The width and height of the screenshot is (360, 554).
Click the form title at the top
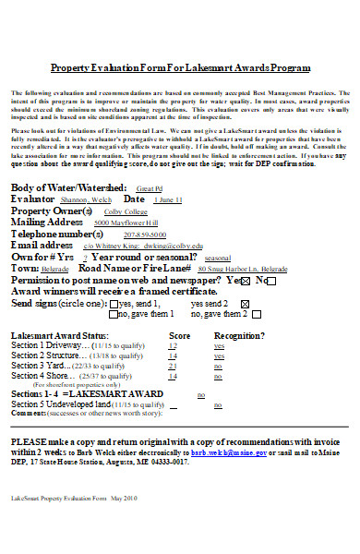pos(180,69)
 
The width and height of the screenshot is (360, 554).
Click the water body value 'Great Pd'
pos(174,188)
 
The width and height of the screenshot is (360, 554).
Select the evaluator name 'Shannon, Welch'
pos(87,199)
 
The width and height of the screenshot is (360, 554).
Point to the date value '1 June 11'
pos(168,199)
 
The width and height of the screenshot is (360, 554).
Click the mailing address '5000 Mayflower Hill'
pos(126,223)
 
